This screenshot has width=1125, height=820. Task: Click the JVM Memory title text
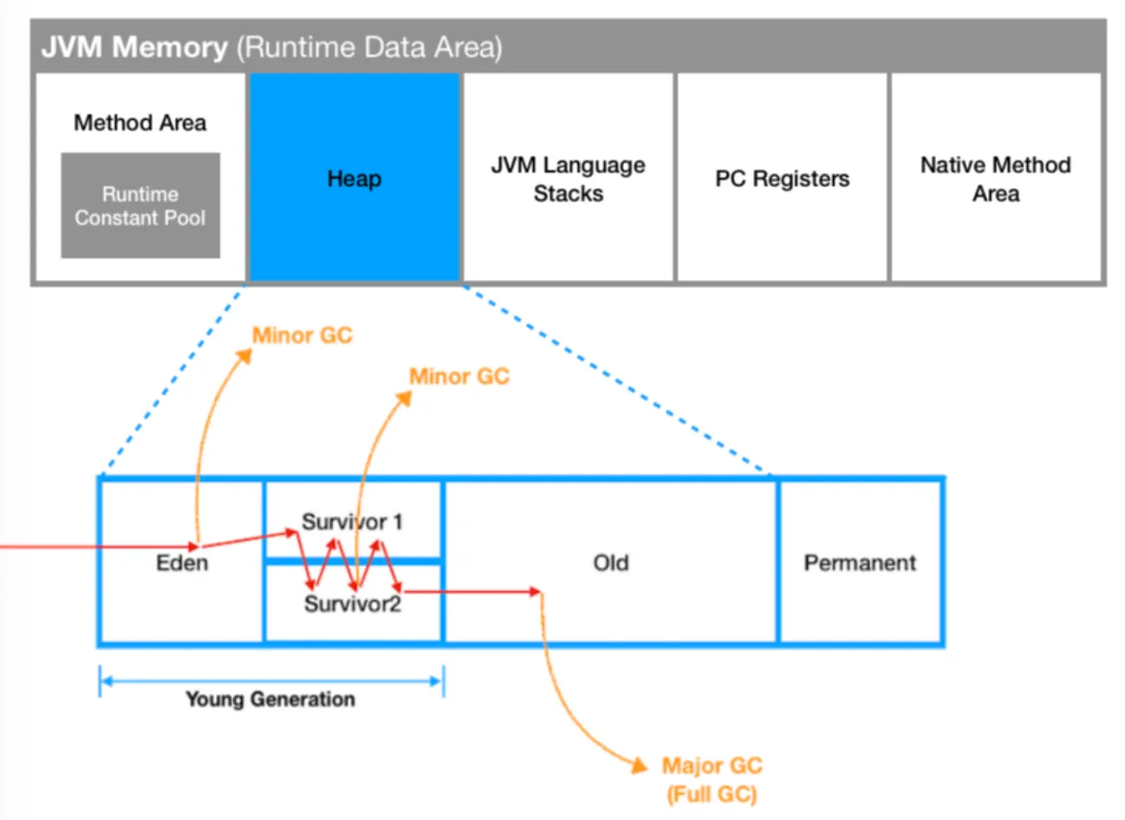[x=134, y=46]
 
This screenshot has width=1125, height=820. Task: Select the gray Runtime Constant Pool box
[x=140, y=205]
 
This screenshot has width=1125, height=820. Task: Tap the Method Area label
[x=140, y=123]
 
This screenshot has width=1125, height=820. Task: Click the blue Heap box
[x=354, y=179]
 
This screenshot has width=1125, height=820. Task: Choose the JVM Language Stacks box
[x=569, y=179]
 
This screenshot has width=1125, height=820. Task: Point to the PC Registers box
[x=782, y=179]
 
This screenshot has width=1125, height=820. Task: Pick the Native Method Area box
[x=996, y=179]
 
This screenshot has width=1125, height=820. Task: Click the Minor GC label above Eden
[x=302, y=335]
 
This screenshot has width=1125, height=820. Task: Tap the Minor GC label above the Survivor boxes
[x=459, y=376]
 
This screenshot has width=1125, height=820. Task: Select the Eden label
[x=182, y=563]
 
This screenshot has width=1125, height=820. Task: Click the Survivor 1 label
[x=352, y=522]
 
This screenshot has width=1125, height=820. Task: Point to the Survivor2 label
[x=353, y=603]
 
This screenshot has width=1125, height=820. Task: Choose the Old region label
[x=611, y=563]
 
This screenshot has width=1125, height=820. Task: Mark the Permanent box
[x=860, y=563]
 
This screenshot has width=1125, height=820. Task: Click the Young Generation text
[x=270, y=699]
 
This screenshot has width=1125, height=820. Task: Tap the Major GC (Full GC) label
[x=712, y=779]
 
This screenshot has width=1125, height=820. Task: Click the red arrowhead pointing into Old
[x=535, y=591]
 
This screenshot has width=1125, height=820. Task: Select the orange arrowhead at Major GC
[x=640, y=765]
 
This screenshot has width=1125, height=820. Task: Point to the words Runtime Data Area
[x=369, y=46]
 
